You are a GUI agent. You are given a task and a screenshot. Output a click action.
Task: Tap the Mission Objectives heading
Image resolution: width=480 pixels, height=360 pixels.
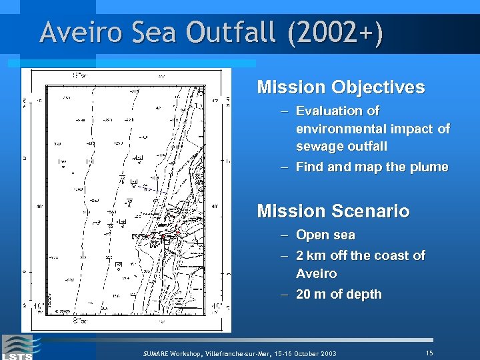click(341, 87)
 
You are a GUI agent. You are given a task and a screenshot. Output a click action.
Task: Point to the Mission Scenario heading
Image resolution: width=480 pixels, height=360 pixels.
click(333, 212)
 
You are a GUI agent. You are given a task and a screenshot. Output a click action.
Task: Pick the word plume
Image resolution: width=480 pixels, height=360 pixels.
click(431, 167)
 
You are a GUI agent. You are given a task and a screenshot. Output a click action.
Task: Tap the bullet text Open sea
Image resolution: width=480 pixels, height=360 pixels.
click(325, 235)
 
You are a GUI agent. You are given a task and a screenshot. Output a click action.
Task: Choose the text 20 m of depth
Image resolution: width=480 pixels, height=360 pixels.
click(339, 295)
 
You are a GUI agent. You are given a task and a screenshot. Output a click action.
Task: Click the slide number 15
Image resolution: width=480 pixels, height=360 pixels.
click(429, 352)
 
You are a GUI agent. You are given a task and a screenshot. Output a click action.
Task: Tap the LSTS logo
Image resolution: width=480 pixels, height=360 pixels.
click(19, 347)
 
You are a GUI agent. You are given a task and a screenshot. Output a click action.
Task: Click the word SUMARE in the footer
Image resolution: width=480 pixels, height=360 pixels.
click(158, 353)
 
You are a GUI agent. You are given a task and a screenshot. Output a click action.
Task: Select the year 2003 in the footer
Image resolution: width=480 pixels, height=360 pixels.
click(327, 353)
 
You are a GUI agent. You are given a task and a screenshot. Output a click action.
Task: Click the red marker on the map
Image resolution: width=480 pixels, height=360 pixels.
click(161, 237)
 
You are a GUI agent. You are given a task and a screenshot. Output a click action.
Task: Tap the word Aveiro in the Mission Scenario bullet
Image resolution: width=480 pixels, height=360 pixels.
click(317, 274)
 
